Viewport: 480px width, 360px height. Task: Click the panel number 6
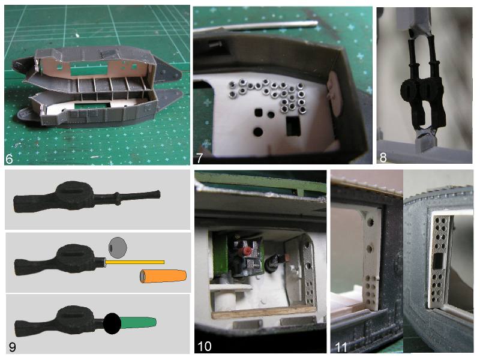9,159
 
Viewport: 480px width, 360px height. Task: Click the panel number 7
199,158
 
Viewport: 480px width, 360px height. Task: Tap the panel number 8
383,157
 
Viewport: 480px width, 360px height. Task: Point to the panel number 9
12,347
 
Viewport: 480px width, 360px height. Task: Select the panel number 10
205,346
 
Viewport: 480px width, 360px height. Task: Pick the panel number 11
341,347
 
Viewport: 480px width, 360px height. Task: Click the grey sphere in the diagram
118,247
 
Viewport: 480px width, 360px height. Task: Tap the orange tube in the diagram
163,276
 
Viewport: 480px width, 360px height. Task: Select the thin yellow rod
134,262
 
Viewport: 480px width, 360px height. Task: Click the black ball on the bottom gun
112,323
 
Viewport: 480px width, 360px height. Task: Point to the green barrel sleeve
139,323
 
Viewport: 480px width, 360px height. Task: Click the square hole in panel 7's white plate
259,112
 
